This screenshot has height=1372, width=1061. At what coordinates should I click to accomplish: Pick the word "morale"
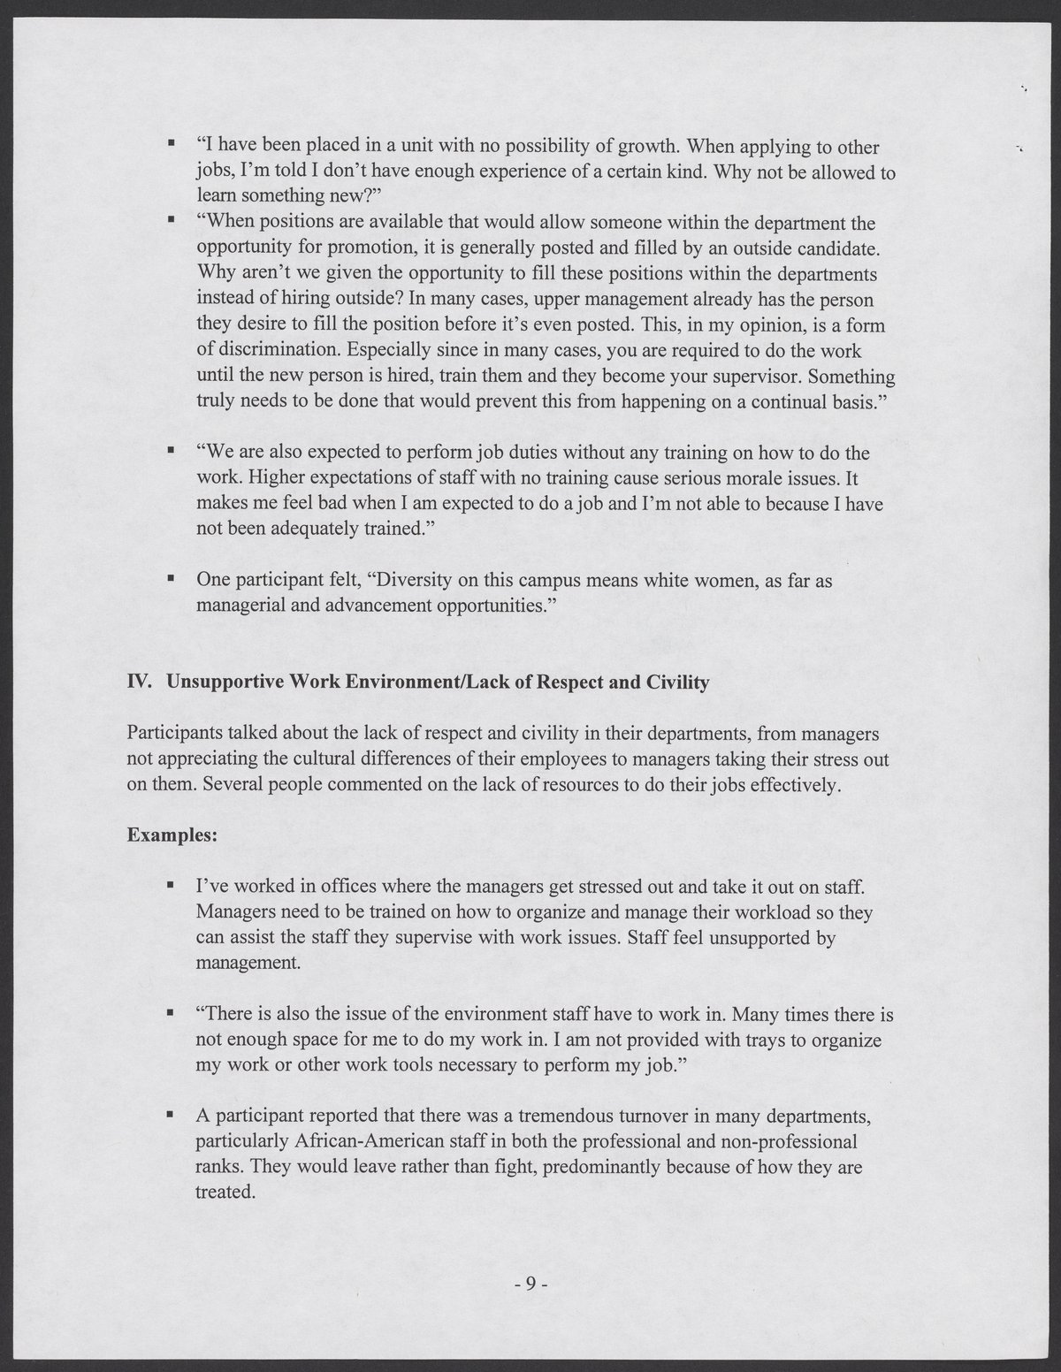tap(741, 479)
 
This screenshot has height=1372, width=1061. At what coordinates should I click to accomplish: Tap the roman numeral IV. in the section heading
tap(142, 683)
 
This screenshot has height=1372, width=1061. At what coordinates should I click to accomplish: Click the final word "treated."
tap(225, 1193)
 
